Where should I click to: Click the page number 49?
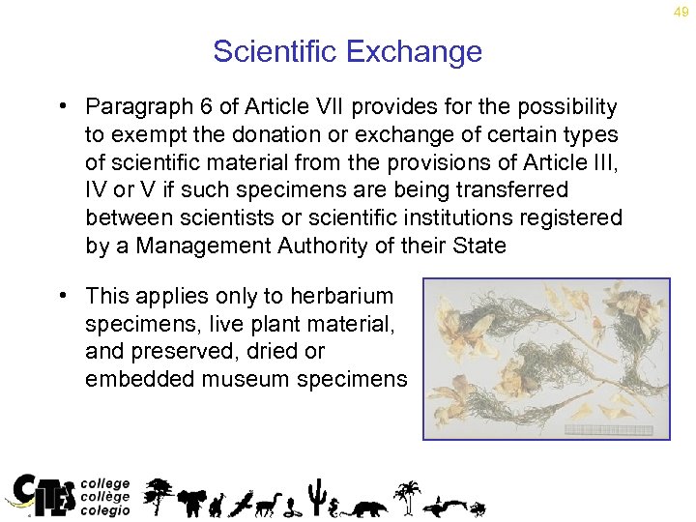681,12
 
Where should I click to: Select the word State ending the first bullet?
477,246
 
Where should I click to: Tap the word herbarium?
346,296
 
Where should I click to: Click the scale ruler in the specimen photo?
609,428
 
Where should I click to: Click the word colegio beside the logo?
104,511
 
